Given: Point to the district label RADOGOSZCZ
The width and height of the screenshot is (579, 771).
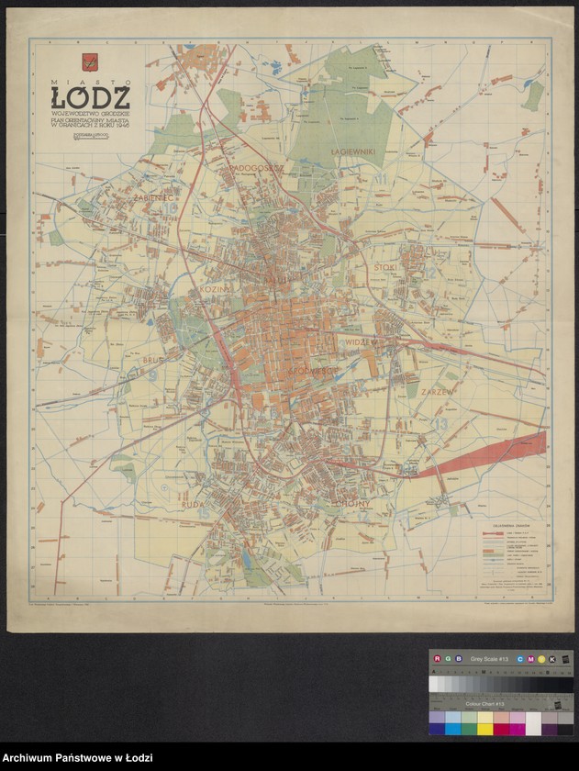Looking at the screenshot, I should coord(258,169).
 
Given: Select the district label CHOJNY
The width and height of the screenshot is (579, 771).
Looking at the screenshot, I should coord(352,503).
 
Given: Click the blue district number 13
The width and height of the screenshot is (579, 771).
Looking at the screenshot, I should coord(443,424).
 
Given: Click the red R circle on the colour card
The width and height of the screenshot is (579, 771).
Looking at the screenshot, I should coord(437,658).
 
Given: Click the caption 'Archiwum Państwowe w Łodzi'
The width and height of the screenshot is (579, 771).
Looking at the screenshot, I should coord(76,754).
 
